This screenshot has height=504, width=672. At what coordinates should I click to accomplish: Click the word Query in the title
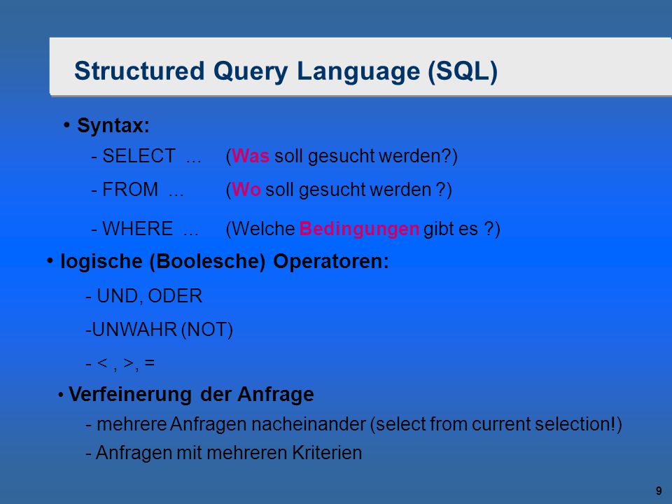pyautogui.click(x=251, y=72)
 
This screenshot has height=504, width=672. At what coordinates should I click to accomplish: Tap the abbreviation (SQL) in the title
pyautogui.click(x=463, y=71)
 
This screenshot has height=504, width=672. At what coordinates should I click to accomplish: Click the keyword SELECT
pyautogui.click(x=139, y=155)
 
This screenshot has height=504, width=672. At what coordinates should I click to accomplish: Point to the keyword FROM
pyautogui.click(x=130, y=190)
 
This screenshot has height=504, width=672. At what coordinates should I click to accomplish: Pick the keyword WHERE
pyautogui.click(x=138, y=228)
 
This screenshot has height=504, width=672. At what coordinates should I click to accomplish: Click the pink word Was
pyautogui.click(x=251, y=155)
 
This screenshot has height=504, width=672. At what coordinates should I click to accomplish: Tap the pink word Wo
pyautogui.click(x=246, y=190)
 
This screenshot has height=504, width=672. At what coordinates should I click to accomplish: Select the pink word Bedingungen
pyautogui.click(x=359, y=230)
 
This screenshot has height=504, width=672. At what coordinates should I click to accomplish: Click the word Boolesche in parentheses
pyautogui.click(x=207, y=261)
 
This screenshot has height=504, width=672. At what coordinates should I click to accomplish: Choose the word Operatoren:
pyautogui.click(x=331, y=261)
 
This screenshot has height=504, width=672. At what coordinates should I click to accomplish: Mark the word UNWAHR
pyautogui.click(x=134, y=330)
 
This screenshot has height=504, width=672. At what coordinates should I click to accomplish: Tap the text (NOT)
pyautogui.click(x=207, y=330)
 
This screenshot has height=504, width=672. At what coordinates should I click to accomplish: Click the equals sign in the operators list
pyautogui.click(x=150, y=363)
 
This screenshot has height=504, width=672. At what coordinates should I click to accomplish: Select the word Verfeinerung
pyautogui.click(x=130, y=395)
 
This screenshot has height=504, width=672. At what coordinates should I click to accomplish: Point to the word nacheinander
pyautogui.click(x=309, y=424)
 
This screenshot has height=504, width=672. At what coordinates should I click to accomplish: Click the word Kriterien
pyautogui.click(x=327, y=453)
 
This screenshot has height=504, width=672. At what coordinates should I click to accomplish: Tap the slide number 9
pyautogui.click(x=659, y=491)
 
